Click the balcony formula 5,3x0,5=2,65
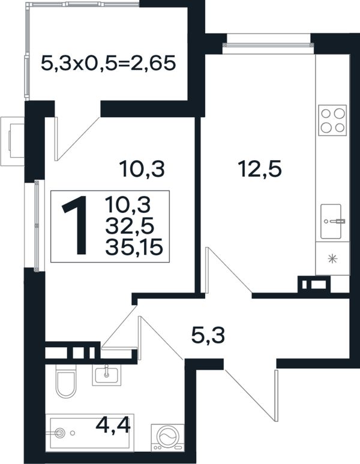[x=109, y=63]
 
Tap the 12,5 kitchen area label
[x=260, y=168]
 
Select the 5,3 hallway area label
[x=208, y=336]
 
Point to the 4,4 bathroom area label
[x=113, y=426]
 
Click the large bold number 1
[x=76, y=225]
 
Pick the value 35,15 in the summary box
[x=134, y=248]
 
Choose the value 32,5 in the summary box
[x=130, y=227]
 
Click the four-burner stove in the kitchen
[x=332, y=120]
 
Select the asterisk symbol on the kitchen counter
[x=333, y=259]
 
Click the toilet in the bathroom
[x=66, y=381]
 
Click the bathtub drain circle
[x=60, y=433]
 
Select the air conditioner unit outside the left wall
[x=13, y=141]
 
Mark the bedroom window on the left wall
[x=37, y=225]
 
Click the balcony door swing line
[x=78, y=139]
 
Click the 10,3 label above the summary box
[x=142, y=168]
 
